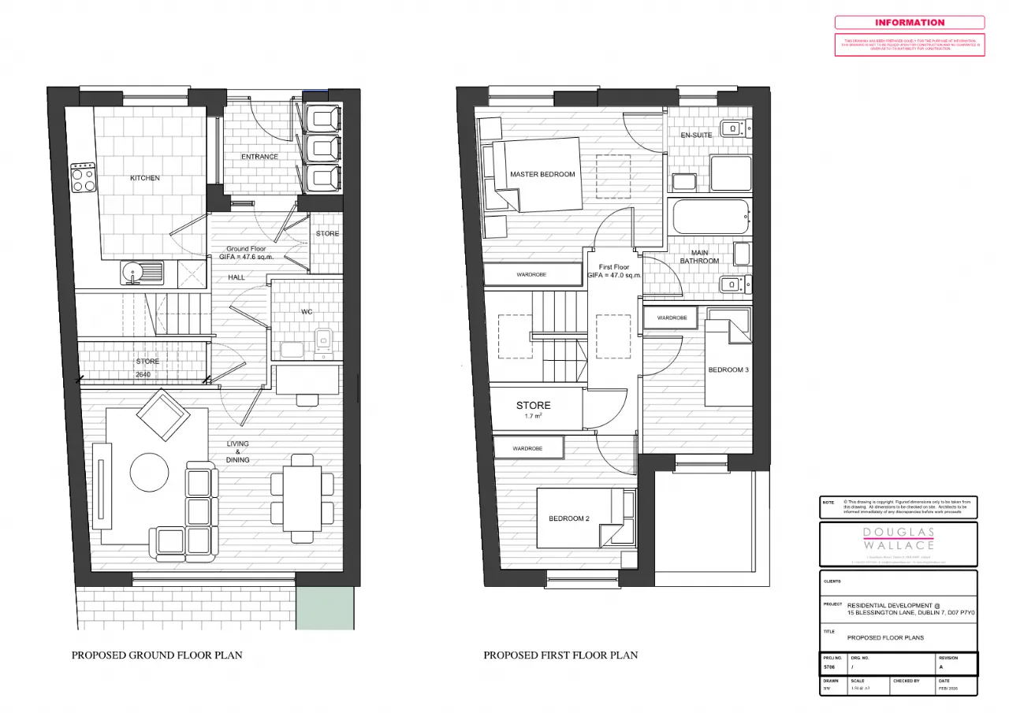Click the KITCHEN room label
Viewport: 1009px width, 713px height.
click(x=145, y=178)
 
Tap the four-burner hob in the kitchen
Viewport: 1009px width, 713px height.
click(x=84, y=178)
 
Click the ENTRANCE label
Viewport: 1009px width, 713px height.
click(x=259, y=157)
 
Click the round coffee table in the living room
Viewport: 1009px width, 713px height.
click(x=150, y=472)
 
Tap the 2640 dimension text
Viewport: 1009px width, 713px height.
click(x=143, y=374)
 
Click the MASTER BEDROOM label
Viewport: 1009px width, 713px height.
click(x=542, y=174)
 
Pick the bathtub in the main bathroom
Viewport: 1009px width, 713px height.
click(x=709, y=217)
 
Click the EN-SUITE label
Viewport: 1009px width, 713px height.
click(x=696, y=135)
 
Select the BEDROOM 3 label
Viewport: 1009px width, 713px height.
click(x=728, y=369)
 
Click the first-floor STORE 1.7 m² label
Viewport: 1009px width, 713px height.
click(x=534, y=409)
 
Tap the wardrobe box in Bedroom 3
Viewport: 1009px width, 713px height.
click(x=672, y=318)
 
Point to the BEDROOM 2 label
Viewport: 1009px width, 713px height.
click(x=569, y=518)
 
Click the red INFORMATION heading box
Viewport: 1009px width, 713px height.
click(x=909, y=23)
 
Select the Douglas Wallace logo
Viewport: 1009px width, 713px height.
click(x=898, y=539)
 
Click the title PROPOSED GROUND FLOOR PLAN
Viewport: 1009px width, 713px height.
click(x=157, y=655)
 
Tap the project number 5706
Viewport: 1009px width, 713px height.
click(x=828, y=667)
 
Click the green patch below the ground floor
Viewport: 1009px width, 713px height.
click(x=325, y=607)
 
